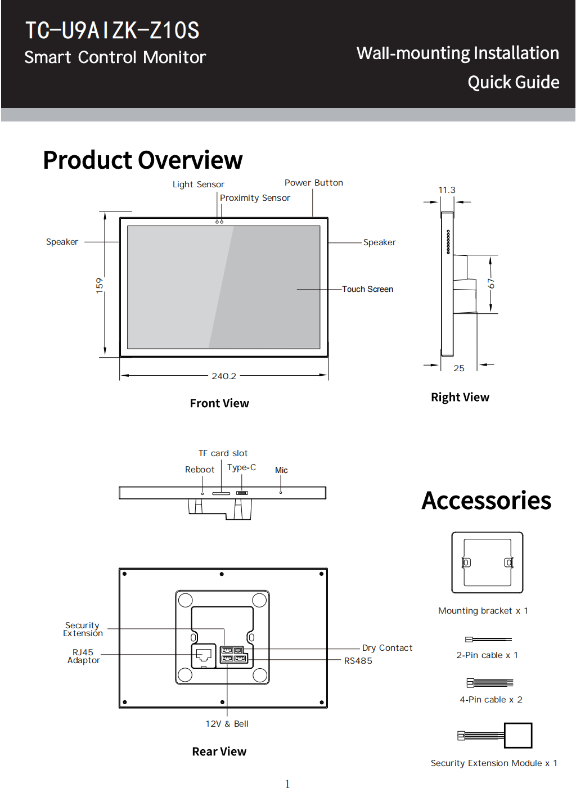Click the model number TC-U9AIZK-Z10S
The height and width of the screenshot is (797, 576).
pos(112,30)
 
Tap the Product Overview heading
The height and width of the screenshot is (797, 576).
pos(143,160)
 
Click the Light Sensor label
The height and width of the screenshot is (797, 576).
pos(198,184)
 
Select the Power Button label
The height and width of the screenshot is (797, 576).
pos(313,183)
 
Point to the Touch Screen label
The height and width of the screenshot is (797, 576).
pos(367,289)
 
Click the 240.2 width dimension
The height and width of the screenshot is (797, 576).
pos(224,376)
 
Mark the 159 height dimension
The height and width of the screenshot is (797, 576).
pos(100,285)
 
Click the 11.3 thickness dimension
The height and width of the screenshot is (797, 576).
pos(447,190)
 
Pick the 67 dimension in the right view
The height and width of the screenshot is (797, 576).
pos(491,283)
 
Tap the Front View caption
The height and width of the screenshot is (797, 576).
pos(219,403)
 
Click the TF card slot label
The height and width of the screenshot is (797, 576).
pos(223,453)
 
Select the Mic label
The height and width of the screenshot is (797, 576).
pos(281,470)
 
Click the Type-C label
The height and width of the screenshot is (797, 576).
pos(241,467)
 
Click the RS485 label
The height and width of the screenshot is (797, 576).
pos(358,661)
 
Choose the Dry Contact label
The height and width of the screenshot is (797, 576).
pos(387,648)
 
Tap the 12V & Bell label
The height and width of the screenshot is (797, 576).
pos(227,724)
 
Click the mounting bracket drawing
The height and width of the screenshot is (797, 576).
pos(487,562)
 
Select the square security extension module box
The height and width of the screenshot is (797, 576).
pos(518,736)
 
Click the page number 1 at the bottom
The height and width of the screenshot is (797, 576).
pos(287,784)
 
